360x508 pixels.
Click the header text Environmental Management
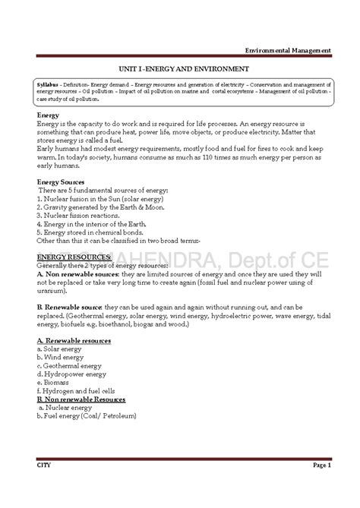click(x=292, y=50)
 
